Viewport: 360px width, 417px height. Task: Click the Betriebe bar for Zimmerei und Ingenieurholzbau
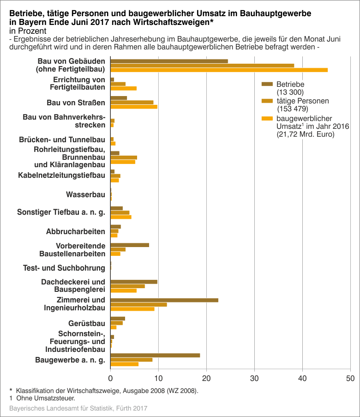coord(164,300)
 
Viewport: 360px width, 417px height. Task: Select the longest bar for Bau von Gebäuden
coord(219,70)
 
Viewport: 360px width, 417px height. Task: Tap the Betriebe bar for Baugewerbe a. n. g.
coord(155,355)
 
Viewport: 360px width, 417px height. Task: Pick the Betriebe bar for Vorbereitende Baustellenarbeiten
coord(130,245)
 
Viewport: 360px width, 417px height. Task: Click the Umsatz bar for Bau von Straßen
coord(134,107)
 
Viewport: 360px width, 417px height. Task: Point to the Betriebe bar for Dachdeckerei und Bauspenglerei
coord(134,282)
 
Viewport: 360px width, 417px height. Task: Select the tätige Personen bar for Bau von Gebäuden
coord(202,66)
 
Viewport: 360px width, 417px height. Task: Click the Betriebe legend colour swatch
coord(268,84)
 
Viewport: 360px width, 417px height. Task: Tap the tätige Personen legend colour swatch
coord(268,101)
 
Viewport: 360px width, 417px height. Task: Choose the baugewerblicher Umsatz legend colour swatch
coord(268,118)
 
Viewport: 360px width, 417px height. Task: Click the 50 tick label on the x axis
coord(350,378)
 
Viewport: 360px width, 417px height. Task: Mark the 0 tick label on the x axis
coord(111,378)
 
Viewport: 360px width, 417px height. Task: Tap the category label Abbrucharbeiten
coord(76,231)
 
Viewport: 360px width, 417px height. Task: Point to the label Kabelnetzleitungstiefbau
coord(61,175)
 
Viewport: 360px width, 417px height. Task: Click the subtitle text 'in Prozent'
coord(25,30)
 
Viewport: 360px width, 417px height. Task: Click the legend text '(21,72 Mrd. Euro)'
coord(306,134)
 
